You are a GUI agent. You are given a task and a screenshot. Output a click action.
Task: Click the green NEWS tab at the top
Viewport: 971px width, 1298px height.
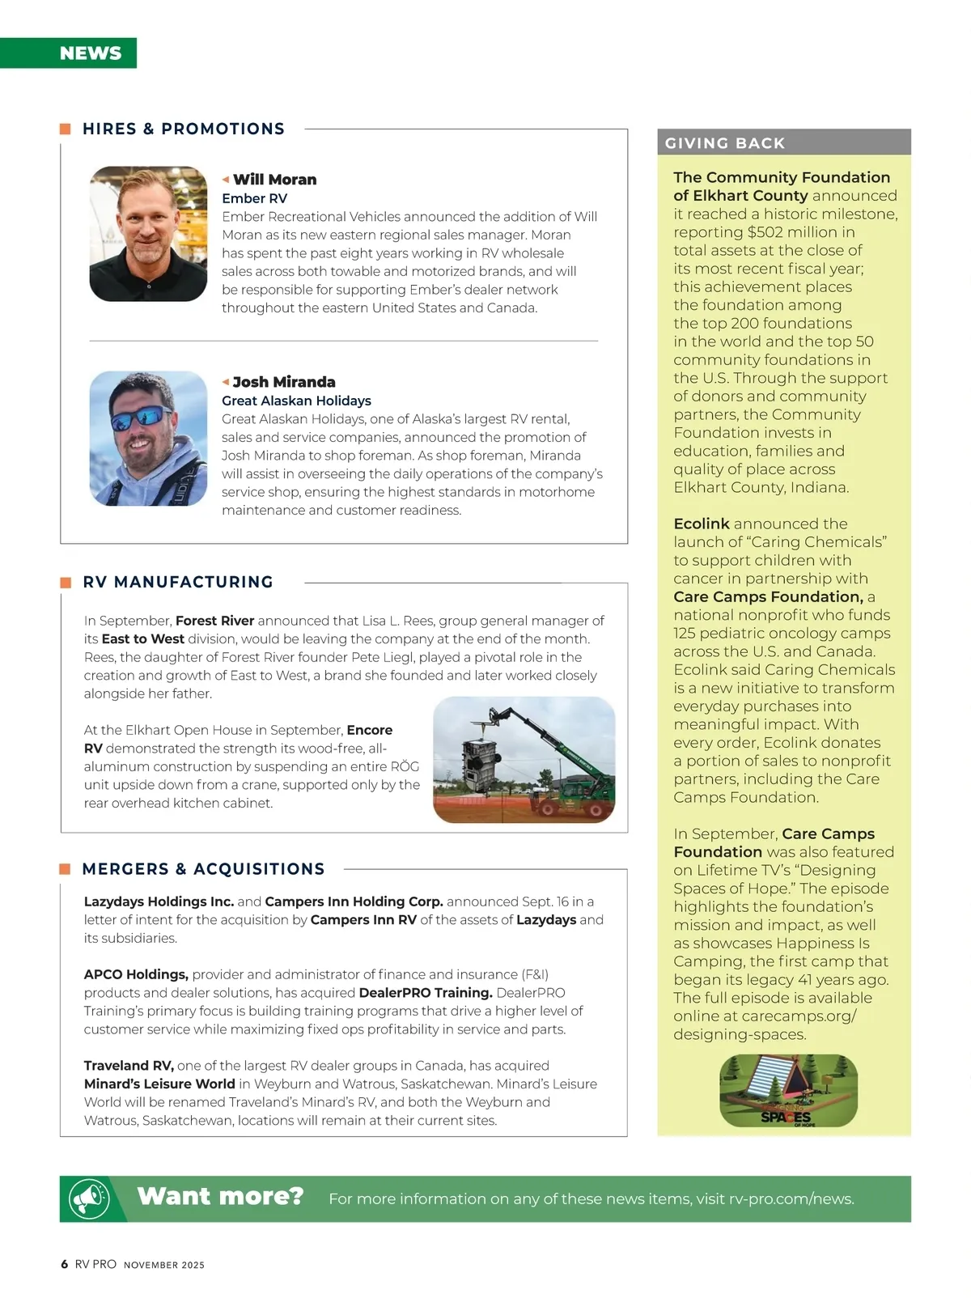click(x=90, y=53)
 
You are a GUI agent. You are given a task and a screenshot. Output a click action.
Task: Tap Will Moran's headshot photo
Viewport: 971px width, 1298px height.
click(x=148, y=234)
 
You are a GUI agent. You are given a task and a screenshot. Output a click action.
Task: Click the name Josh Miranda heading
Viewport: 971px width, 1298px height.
click(x=283, y=382)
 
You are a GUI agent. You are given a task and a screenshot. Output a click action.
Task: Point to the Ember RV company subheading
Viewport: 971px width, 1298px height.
click(x=254, y=198)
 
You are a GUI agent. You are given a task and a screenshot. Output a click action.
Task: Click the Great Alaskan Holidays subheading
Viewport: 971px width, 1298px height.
click(x=296, y=401)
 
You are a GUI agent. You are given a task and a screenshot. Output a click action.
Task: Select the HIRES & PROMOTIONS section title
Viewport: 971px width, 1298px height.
click(x=184, y=129)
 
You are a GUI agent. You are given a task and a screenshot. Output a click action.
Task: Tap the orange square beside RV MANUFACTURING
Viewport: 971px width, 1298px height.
click(x=66, y=583)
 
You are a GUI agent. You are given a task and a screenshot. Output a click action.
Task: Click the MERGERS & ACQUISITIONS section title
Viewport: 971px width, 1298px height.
click(x=203, y=869)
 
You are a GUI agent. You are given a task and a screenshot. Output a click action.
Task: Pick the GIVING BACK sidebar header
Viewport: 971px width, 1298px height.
click(x=725, y=143)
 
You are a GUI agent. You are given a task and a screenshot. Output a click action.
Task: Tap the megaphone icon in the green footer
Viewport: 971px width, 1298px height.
click(x=89, y=1198)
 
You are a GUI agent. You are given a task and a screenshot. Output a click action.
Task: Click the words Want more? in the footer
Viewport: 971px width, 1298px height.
click(x=220, y=1196)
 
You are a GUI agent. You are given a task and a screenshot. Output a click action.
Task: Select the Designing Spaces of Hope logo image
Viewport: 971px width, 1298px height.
click(x=788, y=1091)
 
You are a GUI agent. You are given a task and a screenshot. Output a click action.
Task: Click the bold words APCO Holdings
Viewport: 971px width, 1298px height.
click(x=136, y=974)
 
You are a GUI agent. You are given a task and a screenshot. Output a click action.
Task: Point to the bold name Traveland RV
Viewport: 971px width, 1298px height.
click(x=129, y=1066)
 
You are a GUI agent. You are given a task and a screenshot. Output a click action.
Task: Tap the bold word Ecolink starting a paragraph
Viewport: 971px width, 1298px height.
click(x=702, y=524)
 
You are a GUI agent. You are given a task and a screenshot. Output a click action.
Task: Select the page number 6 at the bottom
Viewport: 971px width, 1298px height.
click(x=65, y=1264)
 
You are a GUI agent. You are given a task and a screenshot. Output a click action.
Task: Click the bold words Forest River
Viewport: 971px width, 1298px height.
click(x=214, y=621)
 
